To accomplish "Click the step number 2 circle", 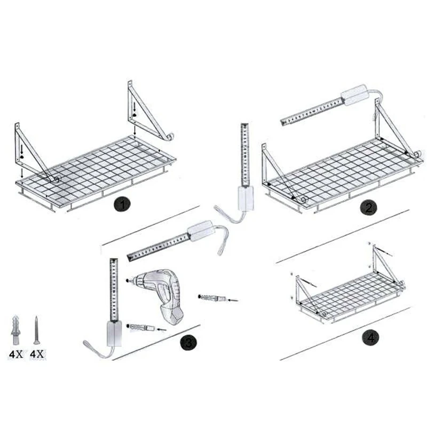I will point(367,208).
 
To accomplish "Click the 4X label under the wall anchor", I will point(15,354).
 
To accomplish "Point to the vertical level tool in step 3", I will point(114,299).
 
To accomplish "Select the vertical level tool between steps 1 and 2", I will point(244,160).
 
